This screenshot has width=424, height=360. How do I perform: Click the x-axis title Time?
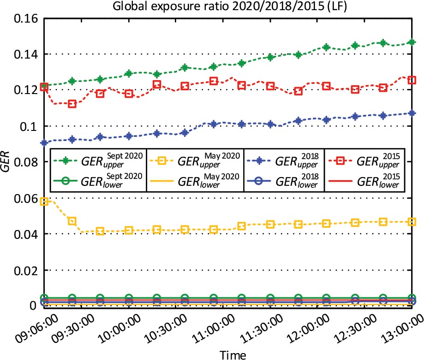tap(229, 354)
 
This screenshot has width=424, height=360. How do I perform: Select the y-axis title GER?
tap(6, 162)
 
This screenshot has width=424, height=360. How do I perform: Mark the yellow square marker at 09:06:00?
tap(44, 201)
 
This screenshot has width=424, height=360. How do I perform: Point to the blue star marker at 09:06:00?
tap(44, 143)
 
